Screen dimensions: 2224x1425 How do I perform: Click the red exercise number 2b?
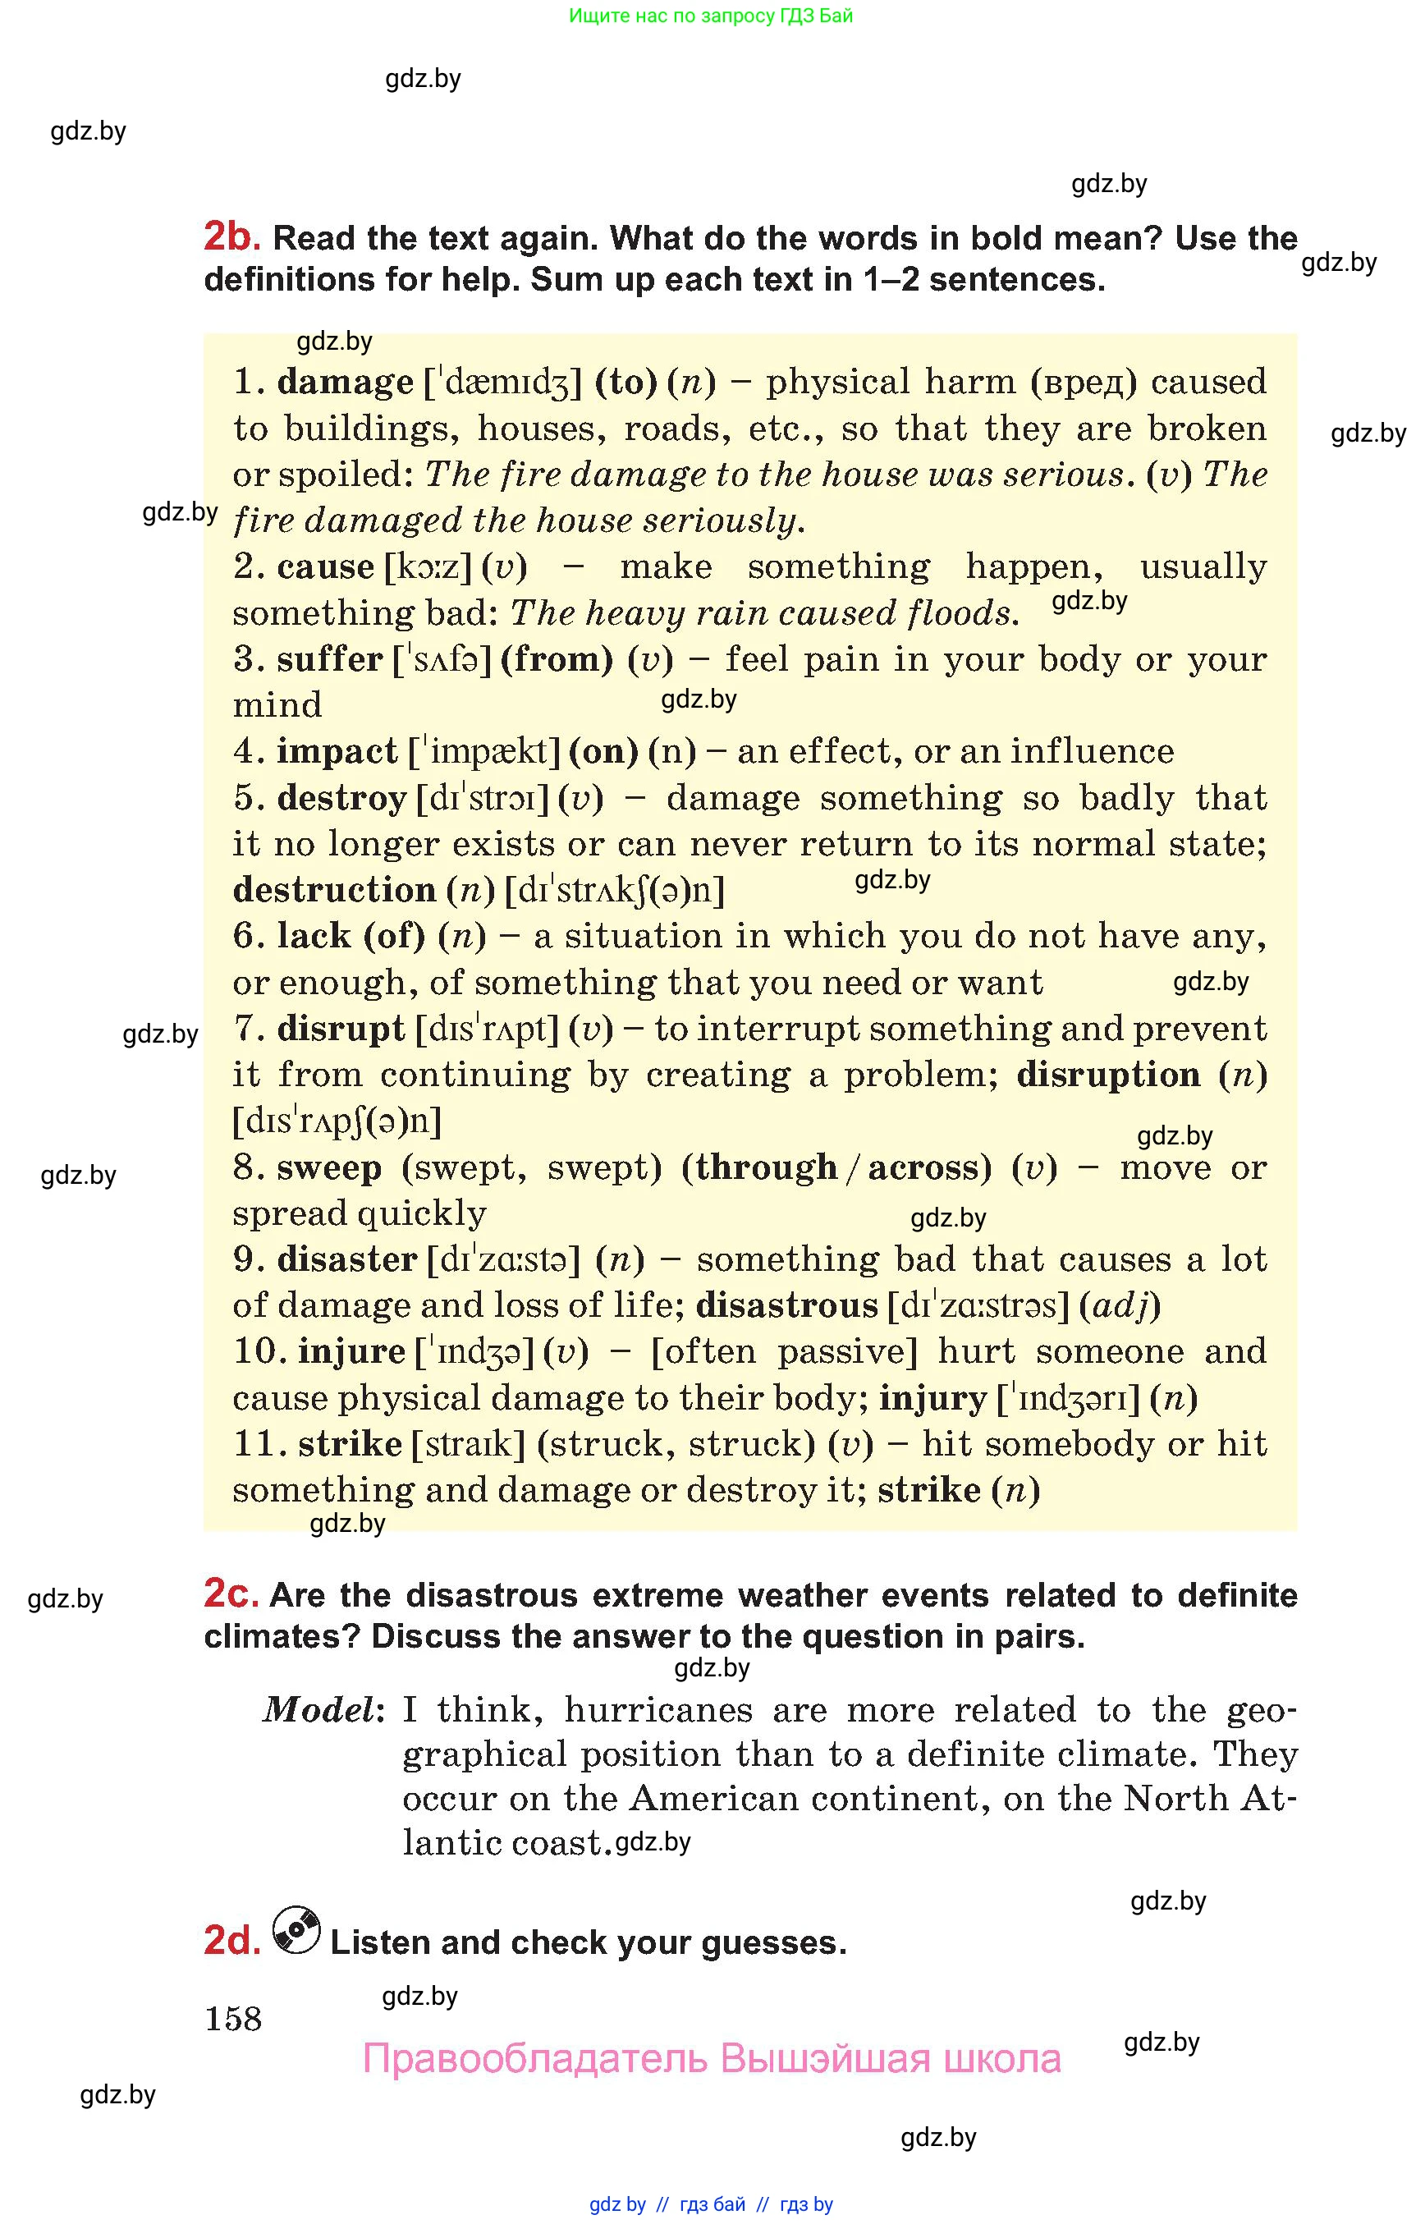[231, 237]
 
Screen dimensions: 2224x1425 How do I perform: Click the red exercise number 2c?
[231, 1593]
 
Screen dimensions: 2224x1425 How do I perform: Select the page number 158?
[233, 2019]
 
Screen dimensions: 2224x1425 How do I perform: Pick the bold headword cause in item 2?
[326, 566]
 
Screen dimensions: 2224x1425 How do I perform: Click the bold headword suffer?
[329, 659]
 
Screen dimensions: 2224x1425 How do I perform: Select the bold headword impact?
[337, 751]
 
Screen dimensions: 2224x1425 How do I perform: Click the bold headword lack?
[314, 936]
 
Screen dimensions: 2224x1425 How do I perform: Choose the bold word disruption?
[1107, 1075]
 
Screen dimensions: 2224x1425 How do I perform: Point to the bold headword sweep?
[329, 1168]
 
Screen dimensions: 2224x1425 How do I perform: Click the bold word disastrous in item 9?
[786, 1305]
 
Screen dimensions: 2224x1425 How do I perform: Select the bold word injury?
[932, 1397]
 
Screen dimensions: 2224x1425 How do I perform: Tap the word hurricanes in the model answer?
[659, 1709]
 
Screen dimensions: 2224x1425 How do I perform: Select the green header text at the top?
[711, 16]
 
